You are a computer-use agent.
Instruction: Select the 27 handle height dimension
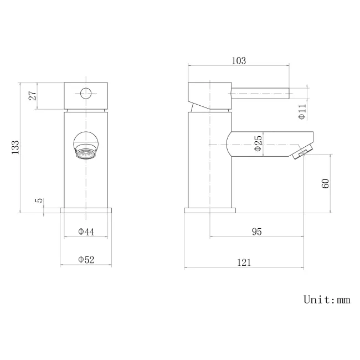[33, 96]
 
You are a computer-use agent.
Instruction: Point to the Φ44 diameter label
[86, 232]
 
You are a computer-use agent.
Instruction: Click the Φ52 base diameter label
[86, 259]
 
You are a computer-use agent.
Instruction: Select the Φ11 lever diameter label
[302, 112]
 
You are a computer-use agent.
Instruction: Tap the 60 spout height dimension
[326, 183]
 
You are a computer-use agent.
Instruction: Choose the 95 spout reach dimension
[256, 232]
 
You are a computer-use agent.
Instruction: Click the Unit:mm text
[327, 300]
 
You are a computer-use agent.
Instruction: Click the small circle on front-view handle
[86, 93]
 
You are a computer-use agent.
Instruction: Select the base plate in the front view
[86, 210]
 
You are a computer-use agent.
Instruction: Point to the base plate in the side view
[210, 210]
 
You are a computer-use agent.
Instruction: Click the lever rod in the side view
[260, 92]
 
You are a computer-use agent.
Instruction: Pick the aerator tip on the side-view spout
[300, 153]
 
